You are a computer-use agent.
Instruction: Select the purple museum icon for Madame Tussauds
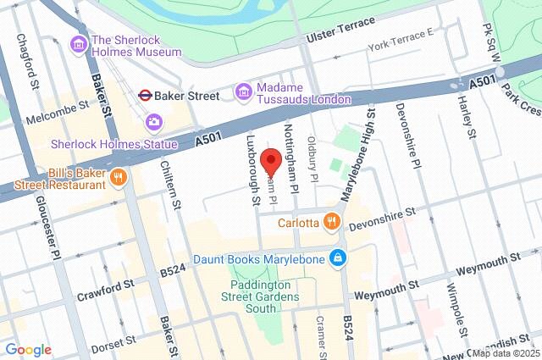pos(244,90)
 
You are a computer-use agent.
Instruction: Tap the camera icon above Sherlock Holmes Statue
pos(154,121)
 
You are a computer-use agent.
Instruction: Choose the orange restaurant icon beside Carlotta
pos(331,224)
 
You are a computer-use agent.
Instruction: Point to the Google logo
pos(28,350)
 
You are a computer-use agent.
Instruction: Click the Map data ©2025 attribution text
pos(506,353)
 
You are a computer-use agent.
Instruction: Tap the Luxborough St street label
pos(252,169)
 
